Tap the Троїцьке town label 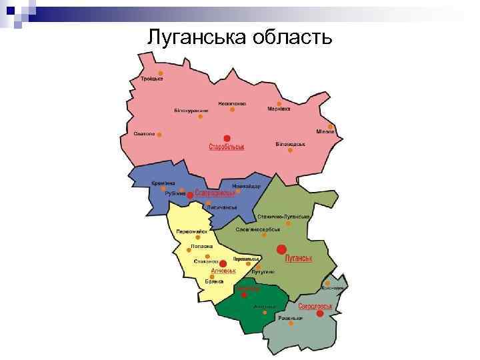pos(151,79)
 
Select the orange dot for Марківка pos(279,103)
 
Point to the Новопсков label pos(231,103)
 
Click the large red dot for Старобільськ pos(227,138)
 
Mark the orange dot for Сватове pos(159,133)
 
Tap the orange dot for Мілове pos(330,126)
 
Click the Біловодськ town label pos(290,144)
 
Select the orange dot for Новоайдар pos(238,191)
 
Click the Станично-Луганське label pos(284,217)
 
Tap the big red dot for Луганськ pos(281,249)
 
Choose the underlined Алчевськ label pos(223,272)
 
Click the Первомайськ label pos(191,232)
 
